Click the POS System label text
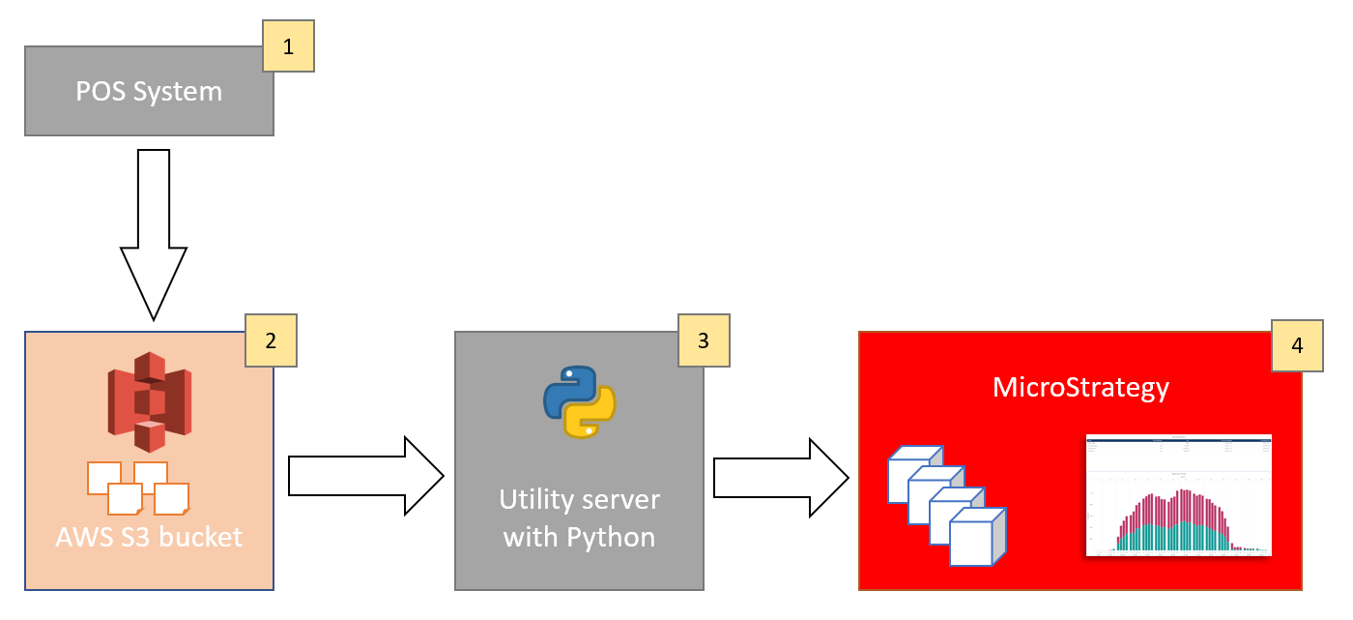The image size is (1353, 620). click(149, 92)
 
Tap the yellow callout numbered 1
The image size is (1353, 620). click(289, 45)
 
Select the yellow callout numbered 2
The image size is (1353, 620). click(271, 340)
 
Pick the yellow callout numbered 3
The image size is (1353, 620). click(704, 340)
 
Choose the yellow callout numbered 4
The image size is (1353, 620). click(1297, 347)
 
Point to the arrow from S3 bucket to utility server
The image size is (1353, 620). click(365, 476)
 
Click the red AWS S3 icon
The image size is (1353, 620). click(149, 402)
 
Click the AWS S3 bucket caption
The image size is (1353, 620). click(149, 537)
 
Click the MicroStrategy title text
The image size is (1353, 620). click(1080, 388)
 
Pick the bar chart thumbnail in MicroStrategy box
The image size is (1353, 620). click(1178, 495)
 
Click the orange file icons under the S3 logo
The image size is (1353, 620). click(137, 488)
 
